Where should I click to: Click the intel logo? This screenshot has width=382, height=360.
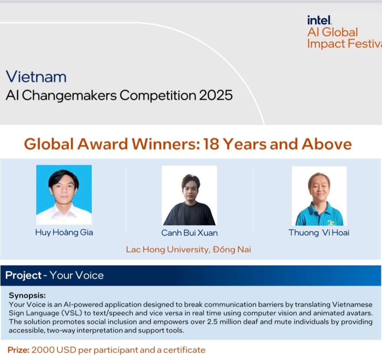320,20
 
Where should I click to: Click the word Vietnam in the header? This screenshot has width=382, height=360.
36,77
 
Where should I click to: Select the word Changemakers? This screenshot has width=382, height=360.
69,95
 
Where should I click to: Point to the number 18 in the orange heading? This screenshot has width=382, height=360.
211,144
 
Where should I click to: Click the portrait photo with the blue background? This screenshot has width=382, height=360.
64,195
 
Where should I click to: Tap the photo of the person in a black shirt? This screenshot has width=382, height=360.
189,196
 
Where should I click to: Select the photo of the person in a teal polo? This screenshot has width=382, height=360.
319,196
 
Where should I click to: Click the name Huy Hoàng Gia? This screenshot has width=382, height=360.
64,232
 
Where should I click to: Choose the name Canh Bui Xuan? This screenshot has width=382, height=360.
189,233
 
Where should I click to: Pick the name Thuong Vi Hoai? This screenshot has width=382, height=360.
319,233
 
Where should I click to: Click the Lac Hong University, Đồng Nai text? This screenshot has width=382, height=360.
188,250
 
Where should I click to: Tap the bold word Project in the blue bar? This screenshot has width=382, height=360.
23,275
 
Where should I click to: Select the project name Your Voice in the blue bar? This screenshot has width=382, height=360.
77,275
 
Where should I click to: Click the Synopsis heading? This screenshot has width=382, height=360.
27,296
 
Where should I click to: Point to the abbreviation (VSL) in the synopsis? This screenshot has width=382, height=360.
72,313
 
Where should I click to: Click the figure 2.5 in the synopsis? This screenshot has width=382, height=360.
213,322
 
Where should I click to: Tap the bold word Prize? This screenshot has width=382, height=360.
19,350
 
